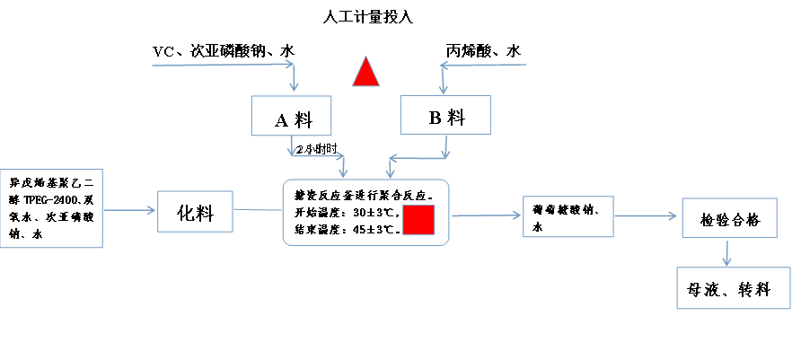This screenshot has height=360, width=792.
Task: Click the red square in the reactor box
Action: point(418,220)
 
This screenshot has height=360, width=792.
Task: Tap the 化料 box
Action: point(195,214)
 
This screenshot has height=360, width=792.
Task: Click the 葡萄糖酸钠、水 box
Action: point(568,216)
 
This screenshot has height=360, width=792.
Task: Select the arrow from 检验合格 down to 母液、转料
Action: point(726,255)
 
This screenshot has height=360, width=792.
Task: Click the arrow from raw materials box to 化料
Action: point(130,211)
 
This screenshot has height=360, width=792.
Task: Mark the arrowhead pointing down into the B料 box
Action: point(441,89)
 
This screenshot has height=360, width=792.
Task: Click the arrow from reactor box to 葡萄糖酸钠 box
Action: point(485,216)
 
